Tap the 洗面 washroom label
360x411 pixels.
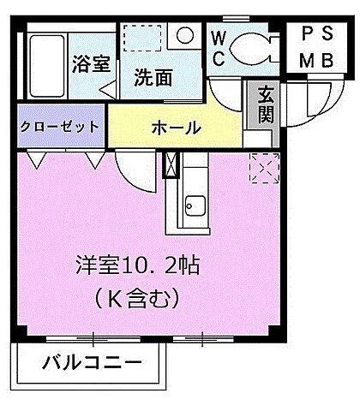pos(153,76)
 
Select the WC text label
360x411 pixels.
pos(218,48)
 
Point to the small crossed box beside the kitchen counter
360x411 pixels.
pos(169,164)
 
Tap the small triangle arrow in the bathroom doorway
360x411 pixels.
pos(107,88)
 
